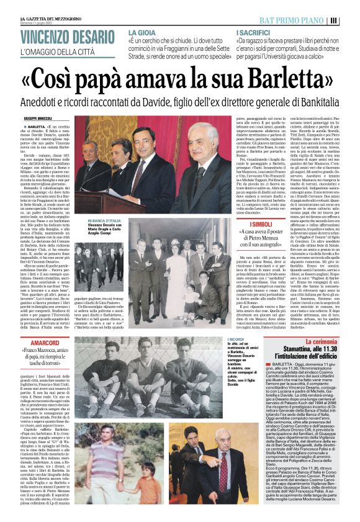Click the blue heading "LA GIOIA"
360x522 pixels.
[x=142, y=30]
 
